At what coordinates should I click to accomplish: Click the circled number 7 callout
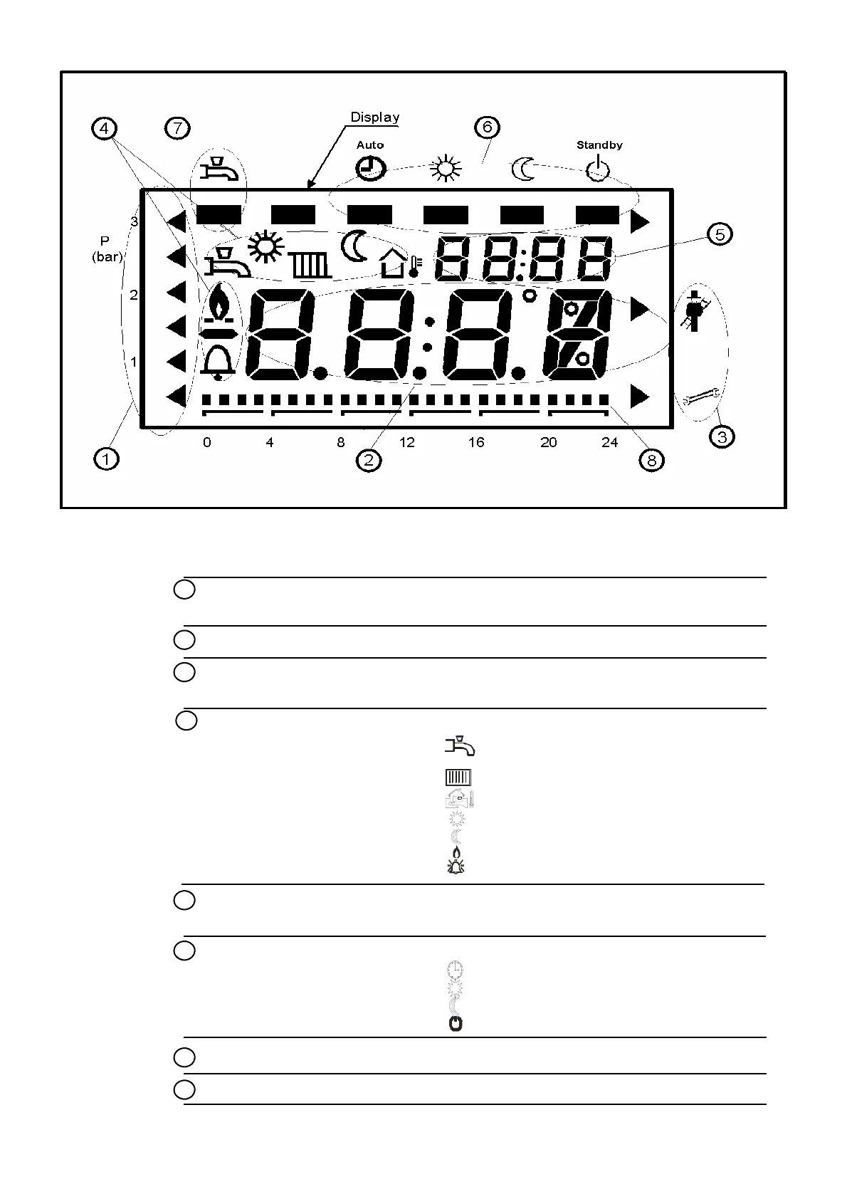tap(177, 129)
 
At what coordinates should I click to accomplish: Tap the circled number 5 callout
tap(720, 234)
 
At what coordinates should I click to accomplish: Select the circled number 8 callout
tap(652, 461)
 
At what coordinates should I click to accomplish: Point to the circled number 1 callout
tap(106, 459)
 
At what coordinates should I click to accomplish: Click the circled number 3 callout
tap(722, 436)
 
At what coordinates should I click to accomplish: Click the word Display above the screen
tap(375, 117)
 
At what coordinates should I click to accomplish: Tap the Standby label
tap(599, 145)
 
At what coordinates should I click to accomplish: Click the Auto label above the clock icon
tap(370, 145)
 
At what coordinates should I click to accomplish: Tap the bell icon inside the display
tap(219, 362)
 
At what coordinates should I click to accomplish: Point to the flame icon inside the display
tap(220, 303)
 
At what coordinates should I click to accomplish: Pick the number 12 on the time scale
tap(406, 443)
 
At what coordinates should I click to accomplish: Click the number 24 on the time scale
tap(610, 443)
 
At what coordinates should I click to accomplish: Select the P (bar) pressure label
tap(107, 249)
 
